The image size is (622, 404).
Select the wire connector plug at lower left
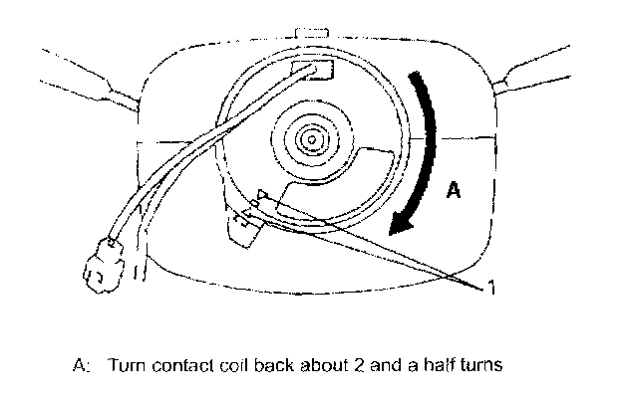[x=102, y=268]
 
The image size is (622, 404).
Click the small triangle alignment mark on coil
[x=263, y=197]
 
